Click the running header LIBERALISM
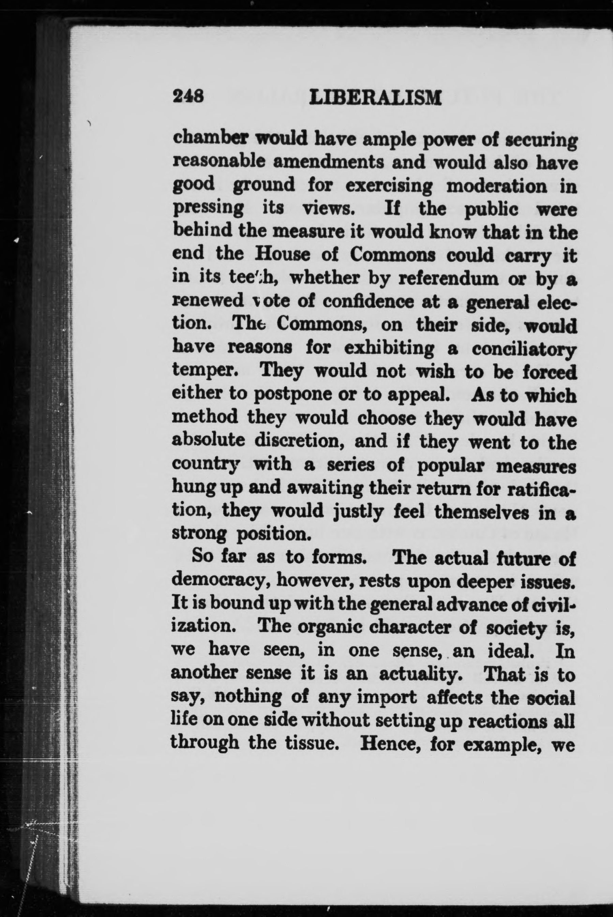(x=375, y=97)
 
